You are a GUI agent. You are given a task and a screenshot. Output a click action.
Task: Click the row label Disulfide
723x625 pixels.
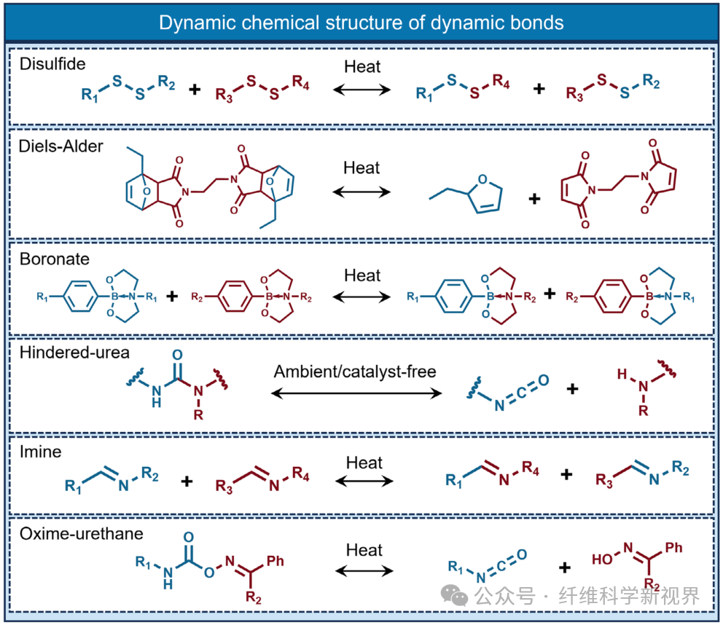(x=52, y=64)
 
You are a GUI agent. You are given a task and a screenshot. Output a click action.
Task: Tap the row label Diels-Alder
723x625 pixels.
(x=61, y=146)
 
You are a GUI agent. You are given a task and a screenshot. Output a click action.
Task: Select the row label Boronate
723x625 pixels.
(x=55, y=259)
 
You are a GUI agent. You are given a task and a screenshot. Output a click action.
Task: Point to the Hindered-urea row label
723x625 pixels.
(x=74, y=353)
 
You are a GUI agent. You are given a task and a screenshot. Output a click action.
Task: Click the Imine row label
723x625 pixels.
(x=41, y=452)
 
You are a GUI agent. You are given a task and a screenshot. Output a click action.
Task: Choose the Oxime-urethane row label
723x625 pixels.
(x=80, y=535)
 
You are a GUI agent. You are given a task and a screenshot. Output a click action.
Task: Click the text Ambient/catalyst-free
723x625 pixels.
(x=355, y=372)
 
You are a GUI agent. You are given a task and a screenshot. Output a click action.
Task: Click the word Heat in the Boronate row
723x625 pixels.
(x=362, y=275)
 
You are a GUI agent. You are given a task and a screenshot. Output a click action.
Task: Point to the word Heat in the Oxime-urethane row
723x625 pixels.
(x=364, y=549)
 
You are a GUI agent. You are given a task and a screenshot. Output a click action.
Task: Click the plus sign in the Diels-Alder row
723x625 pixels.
(x=536, y=198)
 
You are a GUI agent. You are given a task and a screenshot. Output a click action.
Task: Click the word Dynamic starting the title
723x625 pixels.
(x=192, y=23)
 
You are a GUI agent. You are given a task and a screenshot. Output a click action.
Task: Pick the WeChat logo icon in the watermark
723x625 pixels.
(x=457, y=597)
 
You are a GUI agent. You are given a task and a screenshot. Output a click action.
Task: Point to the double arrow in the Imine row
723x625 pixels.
(x=364, y=481)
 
